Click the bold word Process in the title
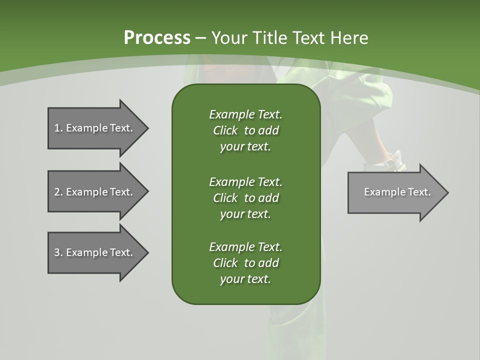(x=157, y=38)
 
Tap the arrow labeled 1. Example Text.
(x=95, y=128)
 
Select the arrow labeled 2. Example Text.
(x=95, y=192)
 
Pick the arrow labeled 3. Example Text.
(x=95, y=252)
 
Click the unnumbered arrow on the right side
(x=395, y=192)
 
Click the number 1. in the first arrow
(x=58, y=128)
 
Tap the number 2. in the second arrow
(x=58, y=192)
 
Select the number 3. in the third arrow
(x=58, y=252)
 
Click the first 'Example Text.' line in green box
(x=245, y=114)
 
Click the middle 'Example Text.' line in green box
(x=245, y=181)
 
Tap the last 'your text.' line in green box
(x=245, y=279)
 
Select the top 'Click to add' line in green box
(x=245, y=130)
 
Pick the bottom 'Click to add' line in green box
(x=245, y=263)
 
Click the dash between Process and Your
(x=200, y=38)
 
